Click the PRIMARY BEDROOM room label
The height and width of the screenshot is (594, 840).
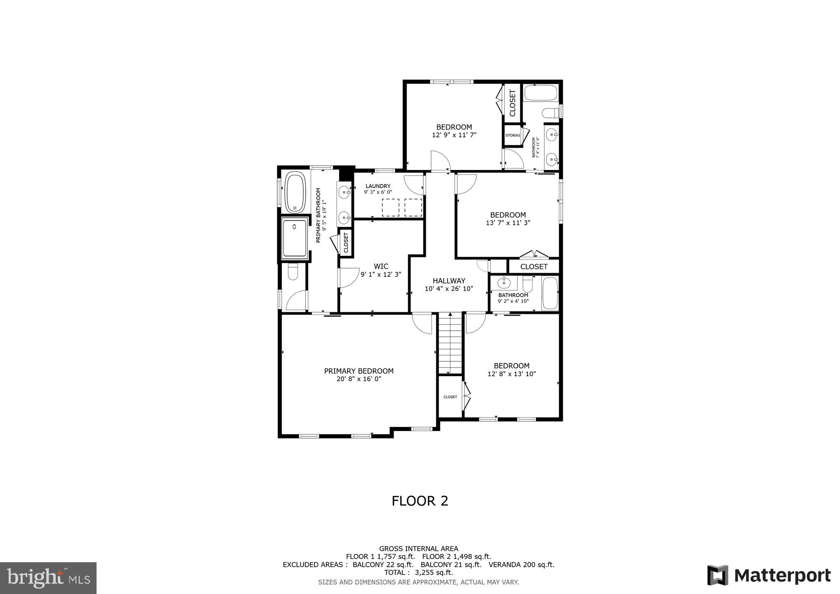click(359, 371)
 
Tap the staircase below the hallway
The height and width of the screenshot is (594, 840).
click(450, 343)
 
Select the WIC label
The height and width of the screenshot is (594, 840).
click(381, 266)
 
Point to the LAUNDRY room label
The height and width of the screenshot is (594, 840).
click(378, 186)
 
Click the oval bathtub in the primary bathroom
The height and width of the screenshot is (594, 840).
click(295, 193)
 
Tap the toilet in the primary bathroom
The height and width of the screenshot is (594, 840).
click(293, 272)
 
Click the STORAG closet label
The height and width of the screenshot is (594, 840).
click(512, 135)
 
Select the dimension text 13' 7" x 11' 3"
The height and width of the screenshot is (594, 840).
click(507, 223)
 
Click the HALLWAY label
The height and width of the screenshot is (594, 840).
click(449, 280)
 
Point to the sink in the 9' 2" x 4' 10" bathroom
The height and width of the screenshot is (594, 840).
click(503, 283)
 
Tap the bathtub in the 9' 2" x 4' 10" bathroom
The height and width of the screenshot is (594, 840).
click(550, 293)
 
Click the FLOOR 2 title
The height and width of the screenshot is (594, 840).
click(420, 501)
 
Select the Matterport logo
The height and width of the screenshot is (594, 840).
click(769, 575)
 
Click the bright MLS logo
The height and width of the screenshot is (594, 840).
click(48, 578)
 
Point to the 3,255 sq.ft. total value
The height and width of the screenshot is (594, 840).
click(434, 573)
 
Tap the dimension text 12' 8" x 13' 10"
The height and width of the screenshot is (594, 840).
click(511, 374)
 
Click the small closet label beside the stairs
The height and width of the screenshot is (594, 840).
click(450, 397)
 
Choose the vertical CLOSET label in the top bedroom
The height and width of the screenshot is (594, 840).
click(512, 103)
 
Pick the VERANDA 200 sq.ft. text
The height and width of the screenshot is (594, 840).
click(521, 565)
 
